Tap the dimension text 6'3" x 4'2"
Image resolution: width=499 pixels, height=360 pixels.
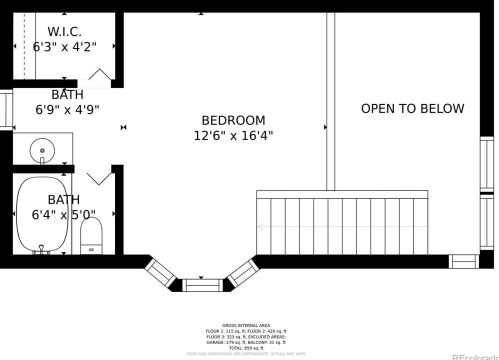pyautogui.click(x=64, y=47)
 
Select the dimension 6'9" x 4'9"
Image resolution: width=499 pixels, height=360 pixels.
pyautogui.click(x=67, y=110)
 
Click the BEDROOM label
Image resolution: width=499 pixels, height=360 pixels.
pyautogui.click(x=233, y=119)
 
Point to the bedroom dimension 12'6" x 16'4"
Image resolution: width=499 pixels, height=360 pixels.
pyautogui.click(x=233, y=135)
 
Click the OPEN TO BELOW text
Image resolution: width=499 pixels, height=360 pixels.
pyautogui.click(x=412, y=109)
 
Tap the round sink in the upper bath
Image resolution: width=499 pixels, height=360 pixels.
pyautogui.click(x=43, y=151)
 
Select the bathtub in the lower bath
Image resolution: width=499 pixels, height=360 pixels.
pyautogui.click(x=42, y=216)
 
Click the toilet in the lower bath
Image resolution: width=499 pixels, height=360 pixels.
pyautogui.click(x=92, y=236)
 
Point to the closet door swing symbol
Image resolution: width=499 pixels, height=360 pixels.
pyautogui.click(x=101, y=76)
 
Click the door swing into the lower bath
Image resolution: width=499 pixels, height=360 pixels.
pyautogui.click(x=99, y=178)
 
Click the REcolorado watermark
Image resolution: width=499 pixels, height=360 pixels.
pyautogui.click(x=474, y=355)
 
